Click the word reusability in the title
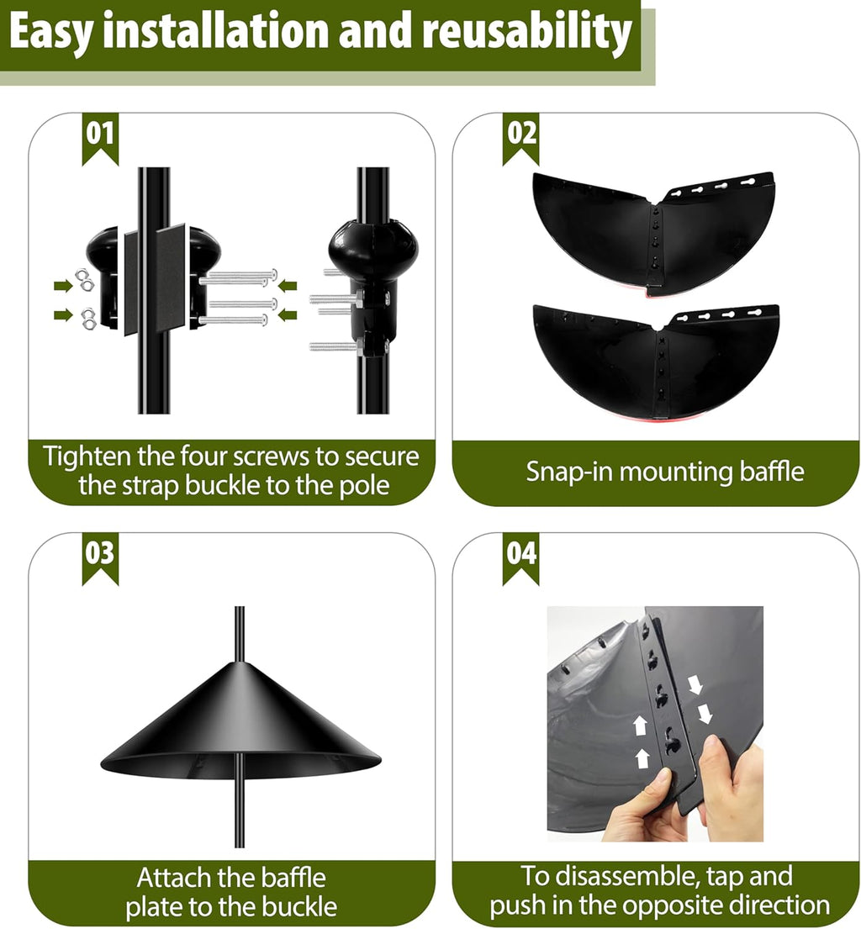[x=526, y=33]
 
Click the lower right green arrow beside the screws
[x=288, y=315]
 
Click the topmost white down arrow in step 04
[x=695, y=685]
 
